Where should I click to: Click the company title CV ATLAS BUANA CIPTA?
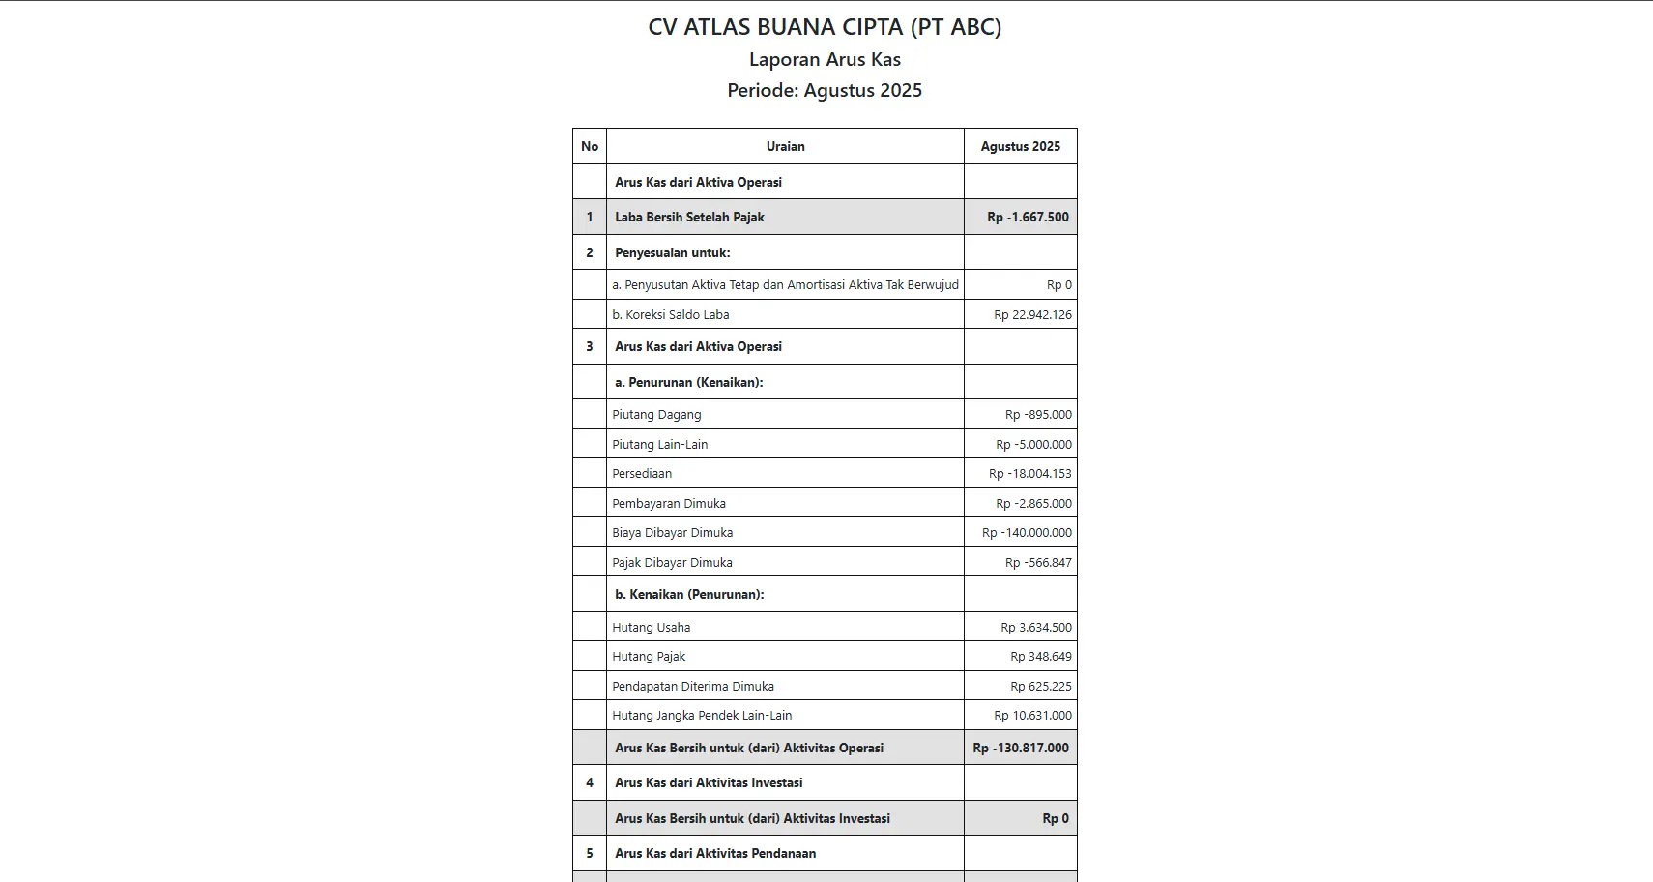point(825,27)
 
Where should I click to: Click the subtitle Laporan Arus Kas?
point(825,59)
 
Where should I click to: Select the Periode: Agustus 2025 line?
point(825,90)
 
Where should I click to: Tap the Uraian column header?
point(785,146)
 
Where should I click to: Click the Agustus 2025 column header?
point(1020,146)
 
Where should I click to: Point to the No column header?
point(590,146)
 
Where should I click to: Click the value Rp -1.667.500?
point(1028,217)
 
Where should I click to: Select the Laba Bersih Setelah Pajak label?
point(689,217)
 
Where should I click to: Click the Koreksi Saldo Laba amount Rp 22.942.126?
point(1032,314)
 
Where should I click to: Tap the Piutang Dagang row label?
point(656,414)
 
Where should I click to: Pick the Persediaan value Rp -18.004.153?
point(1029,473)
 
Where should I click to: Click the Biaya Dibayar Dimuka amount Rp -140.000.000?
point(1027,532)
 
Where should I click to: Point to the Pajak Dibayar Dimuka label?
point(672,562)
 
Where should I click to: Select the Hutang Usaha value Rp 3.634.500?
point(1035,627)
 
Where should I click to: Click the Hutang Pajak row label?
point(649,656)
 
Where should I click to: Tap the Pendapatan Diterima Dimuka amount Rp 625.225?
point(1040,686)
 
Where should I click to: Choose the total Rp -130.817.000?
point(1021,748)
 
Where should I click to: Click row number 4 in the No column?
point(590,782)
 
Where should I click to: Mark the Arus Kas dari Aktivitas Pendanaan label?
point(715,853)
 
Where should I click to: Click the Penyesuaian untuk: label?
point(673,252)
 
